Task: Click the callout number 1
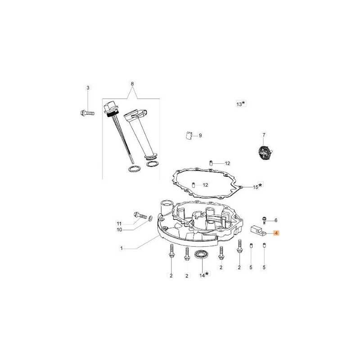[x=121, y=248]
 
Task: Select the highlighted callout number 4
[x=276, y=233]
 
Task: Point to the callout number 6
[x=276, y=220]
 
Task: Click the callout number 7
[x=264, y=134]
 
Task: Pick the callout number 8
[x=132, y=84]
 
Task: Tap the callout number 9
[x=200, y=135]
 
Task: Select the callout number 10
[x=119, y=230]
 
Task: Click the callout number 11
[x=119, y=224]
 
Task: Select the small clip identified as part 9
[x=189, y=135]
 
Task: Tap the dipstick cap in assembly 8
[x=109, y=108]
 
